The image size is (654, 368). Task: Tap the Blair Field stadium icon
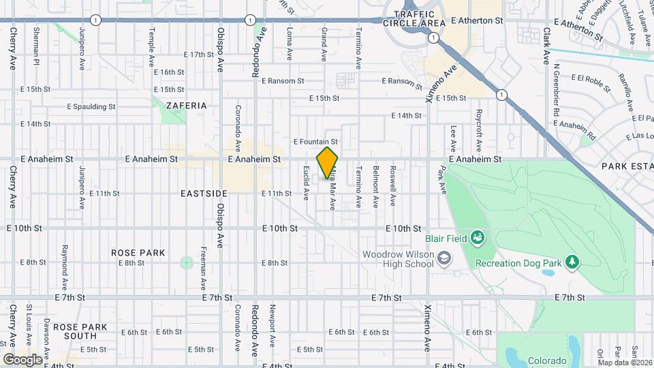[478, 238]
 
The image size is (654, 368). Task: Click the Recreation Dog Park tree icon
[572, 261]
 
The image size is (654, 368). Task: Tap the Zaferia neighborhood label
[186, 106]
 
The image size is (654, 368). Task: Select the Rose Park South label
[80, 331]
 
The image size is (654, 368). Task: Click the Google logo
[22, 359]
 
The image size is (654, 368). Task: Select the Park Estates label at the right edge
[627, 166]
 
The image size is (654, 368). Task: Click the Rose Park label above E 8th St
[138, 253]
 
